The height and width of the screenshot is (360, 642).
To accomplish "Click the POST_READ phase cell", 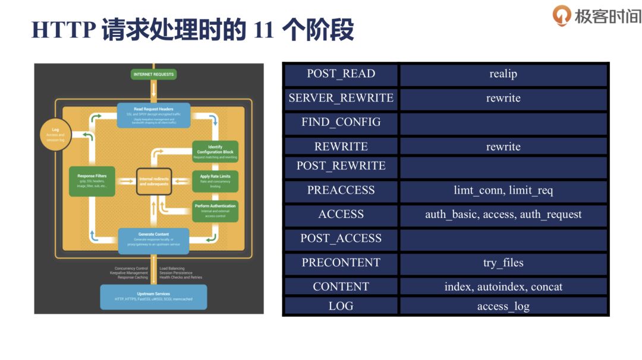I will tap(341, 74).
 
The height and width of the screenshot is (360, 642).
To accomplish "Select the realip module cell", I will tap(503, 74).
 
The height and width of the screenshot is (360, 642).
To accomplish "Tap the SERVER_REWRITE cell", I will tap(341, 99).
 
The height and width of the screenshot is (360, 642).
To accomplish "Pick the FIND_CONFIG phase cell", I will tap(341, 123).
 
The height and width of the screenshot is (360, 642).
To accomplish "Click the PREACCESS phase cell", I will tap(341, 191).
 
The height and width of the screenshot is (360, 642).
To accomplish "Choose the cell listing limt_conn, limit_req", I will tap(503, 191).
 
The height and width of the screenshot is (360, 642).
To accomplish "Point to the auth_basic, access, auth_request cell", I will tap(503, 215).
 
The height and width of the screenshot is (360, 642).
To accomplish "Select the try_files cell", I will tap(503, 263).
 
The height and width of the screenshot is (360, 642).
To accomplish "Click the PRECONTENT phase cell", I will tap(341, 263).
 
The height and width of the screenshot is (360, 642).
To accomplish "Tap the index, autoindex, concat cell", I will tap(503, 287).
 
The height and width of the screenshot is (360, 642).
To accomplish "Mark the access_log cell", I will tap(503, 307).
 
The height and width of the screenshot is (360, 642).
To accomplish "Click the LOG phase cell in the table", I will tap(341, 307).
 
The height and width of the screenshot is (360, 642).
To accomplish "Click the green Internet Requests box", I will tap(154, 74).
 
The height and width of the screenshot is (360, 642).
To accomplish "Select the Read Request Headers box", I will tap(153, 115).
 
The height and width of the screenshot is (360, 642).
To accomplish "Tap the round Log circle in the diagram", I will tap(55, 135).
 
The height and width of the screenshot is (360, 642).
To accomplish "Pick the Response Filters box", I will tap(92, 179).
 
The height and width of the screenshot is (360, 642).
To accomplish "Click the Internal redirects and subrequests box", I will tap(154, 181).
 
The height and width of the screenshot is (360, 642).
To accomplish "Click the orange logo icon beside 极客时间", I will tap(561, 15).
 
